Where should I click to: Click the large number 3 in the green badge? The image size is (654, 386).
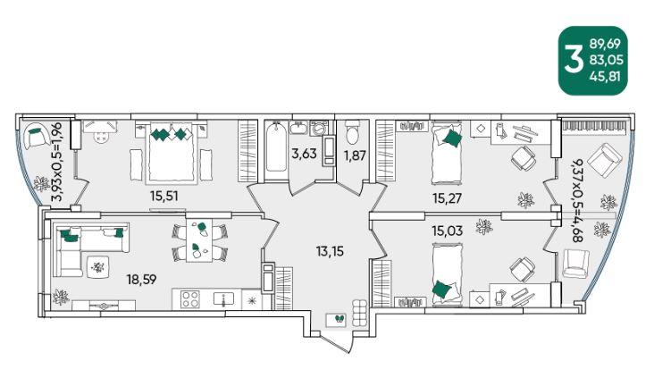573,60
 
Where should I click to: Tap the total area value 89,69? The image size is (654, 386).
605,44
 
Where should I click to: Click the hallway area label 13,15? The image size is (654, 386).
330,252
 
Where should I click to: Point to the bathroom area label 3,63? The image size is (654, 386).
304,154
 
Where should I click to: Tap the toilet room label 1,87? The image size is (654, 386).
355,155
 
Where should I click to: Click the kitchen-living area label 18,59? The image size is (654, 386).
142,279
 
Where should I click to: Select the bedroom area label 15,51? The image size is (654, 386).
164,196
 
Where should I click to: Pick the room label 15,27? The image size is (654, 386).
447,197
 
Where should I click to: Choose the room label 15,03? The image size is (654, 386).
447,231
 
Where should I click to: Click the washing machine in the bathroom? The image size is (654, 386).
319,128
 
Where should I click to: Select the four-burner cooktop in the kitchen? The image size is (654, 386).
190,299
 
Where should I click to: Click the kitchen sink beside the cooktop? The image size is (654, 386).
223,298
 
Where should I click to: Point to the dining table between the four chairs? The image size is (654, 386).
199,239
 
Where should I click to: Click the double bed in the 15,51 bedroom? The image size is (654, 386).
171,152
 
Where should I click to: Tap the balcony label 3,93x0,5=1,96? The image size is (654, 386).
56,162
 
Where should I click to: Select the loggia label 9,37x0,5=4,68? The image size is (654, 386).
577,201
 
